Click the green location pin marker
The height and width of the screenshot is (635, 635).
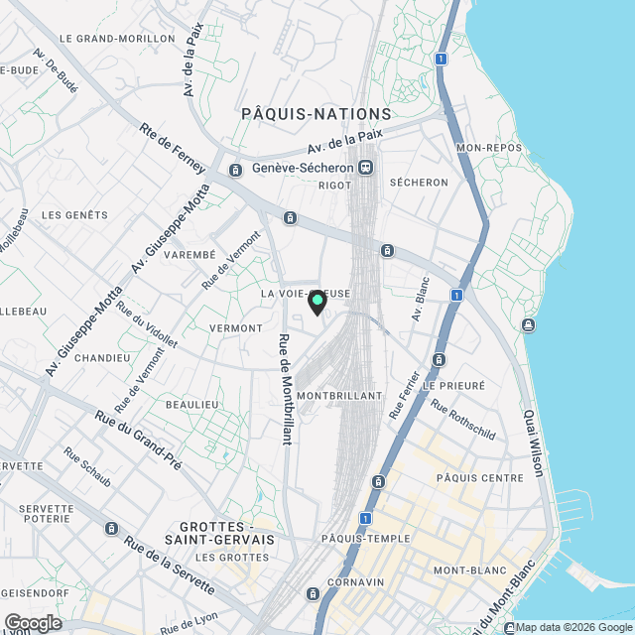pyautogui.click(x=317, y=302)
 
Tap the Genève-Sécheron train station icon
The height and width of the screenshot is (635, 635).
pyautogui.click(x=366, y=168)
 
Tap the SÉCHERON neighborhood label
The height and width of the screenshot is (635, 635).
pyautogui.click(x=419, y=183)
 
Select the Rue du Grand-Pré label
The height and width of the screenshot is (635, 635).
pyautogui.click(x=138, y=440)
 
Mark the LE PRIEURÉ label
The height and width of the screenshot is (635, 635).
pyautogui.click(x=453, y=385)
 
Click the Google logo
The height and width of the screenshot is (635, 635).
pyautogui.click(x=32, y=622)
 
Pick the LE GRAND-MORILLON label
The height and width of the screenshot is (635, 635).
pyautogui.click(x=117, y=39)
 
